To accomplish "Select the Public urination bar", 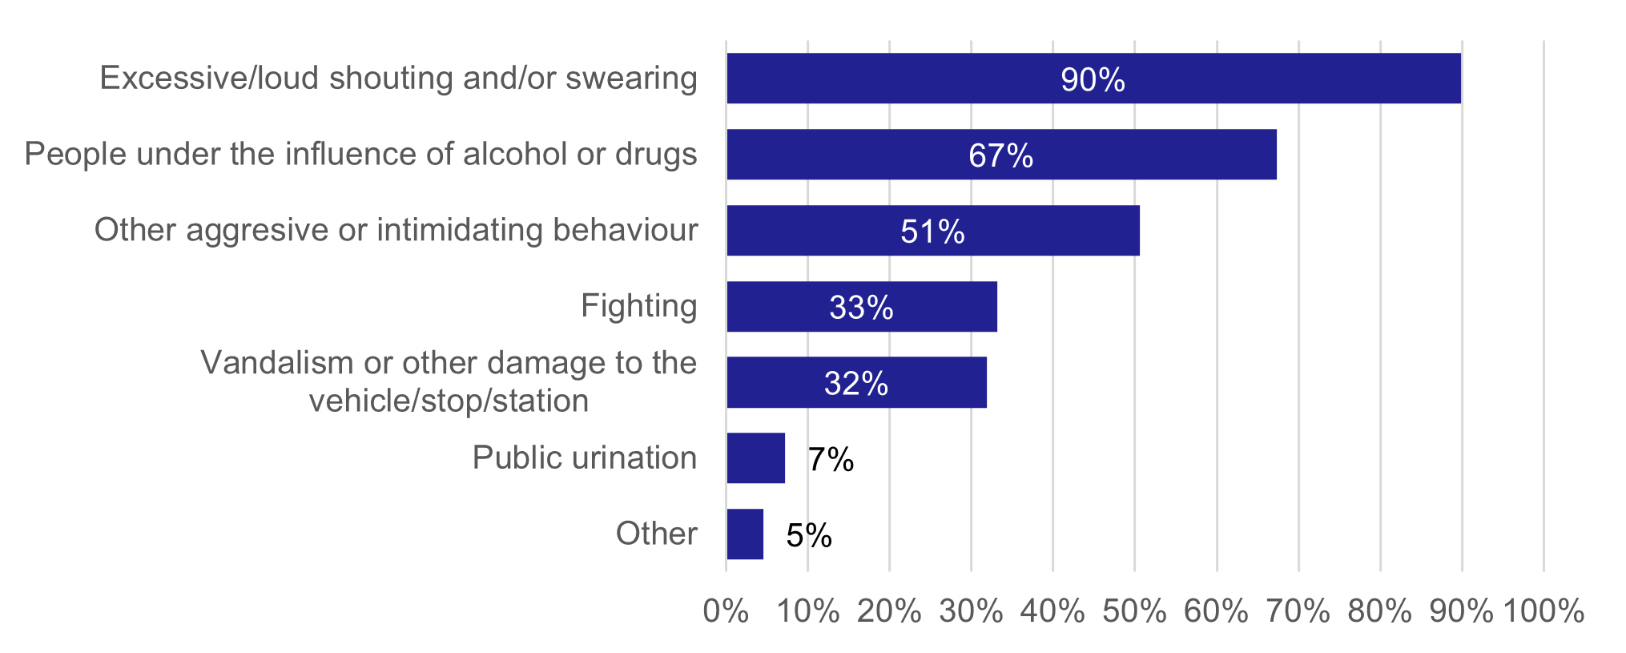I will point(755,458).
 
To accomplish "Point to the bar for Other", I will point(745,534).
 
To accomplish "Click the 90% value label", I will point(1093,80).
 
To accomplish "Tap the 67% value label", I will point(1000,155).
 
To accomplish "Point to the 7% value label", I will point(831,460).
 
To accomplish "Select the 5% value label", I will point(809,535).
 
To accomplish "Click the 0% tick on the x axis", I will point(726,611).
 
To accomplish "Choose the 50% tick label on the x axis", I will point(1134,611).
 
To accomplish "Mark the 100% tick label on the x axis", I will point(1543,611).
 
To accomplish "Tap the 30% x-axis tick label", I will point(971,611).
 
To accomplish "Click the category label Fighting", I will point(638,306).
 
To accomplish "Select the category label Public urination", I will point(584,458).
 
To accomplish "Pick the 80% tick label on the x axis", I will point(1379,611).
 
